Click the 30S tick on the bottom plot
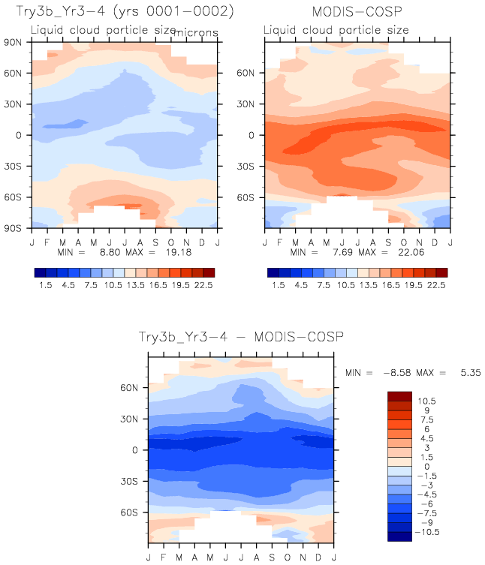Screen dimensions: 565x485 point(133,481)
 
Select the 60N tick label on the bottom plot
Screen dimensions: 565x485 point(133,388)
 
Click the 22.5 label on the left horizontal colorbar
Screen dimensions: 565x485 point(203,286)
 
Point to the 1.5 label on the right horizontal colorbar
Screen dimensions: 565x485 point(278,286)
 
